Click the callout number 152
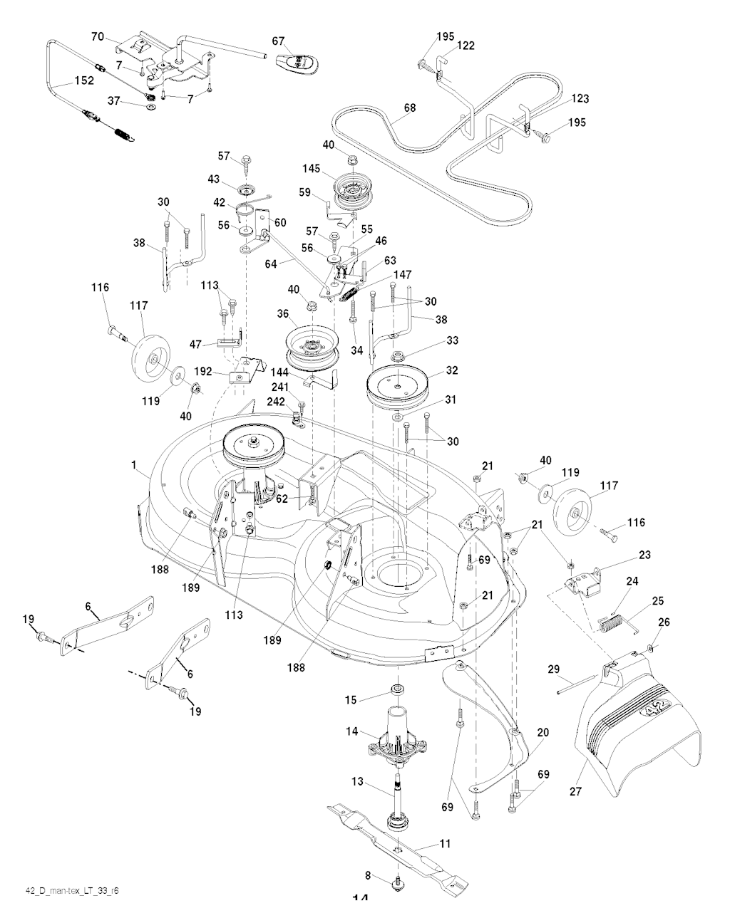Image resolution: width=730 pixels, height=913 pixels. [x=83, y=81]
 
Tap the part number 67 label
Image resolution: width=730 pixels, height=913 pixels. [x=278, y=41]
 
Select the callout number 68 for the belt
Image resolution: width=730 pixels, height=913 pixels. [x=409, y=108]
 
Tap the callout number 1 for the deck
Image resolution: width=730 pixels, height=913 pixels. [x=133, y=464]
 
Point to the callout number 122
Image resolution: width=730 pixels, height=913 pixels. [x=466, y=46]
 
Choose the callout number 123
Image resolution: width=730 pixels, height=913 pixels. [x=580, y=99]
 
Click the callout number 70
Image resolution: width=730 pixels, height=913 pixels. [x=98, y=36]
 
